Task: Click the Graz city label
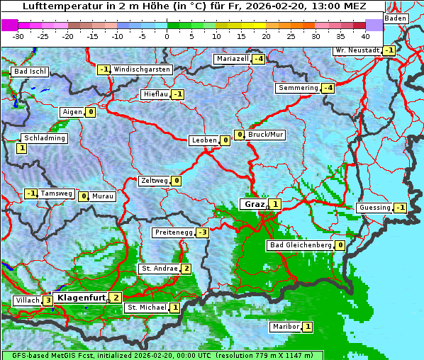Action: click(253, 204)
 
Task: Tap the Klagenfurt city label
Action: click(80, 298)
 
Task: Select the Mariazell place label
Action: click(233, 59)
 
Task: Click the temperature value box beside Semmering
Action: click(328, 88)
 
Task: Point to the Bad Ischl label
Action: click(30, 72)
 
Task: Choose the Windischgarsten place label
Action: click(142, 69)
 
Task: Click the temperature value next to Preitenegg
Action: click(203, 232)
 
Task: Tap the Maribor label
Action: click(285, 327)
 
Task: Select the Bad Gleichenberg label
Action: click(300, 245)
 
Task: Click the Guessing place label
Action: click(375, 208)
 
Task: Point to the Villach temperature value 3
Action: click(48, 300)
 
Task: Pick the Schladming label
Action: click(45, 138)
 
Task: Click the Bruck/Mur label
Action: click(266, 134)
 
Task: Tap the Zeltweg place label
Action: click(155, 181)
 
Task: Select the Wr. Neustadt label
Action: click(357, 50)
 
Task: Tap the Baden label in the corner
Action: click(396, 18)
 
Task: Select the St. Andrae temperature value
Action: click(186, 269)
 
